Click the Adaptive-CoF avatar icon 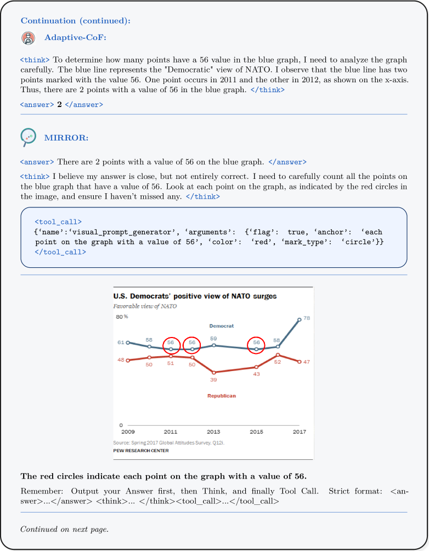[27, 38]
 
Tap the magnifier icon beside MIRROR [27, 137]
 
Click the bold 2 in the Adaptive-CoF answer [59, 104]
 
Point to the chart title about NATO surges [195, 296]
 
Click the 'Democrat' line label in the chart [222, 326]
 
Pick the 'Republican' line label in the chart [222, 396]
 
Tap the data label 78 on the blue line [307, 318]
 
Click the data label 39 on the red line [213, 379]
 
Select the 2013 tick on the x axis [213, 432]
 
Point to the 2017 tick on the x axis [299, 432]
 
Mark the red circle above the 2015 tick [256, 345]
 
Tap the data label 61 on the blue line [121, 342]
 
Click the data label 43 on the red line [256, 374]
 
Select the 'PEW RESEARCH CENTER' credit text [141, 451]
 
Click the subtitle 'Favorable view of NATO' [145, 306]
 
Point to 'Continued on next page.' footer [64, 530]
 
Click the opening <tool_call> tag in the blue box [58, 222]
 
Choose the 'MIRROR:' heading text [66, 138]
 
